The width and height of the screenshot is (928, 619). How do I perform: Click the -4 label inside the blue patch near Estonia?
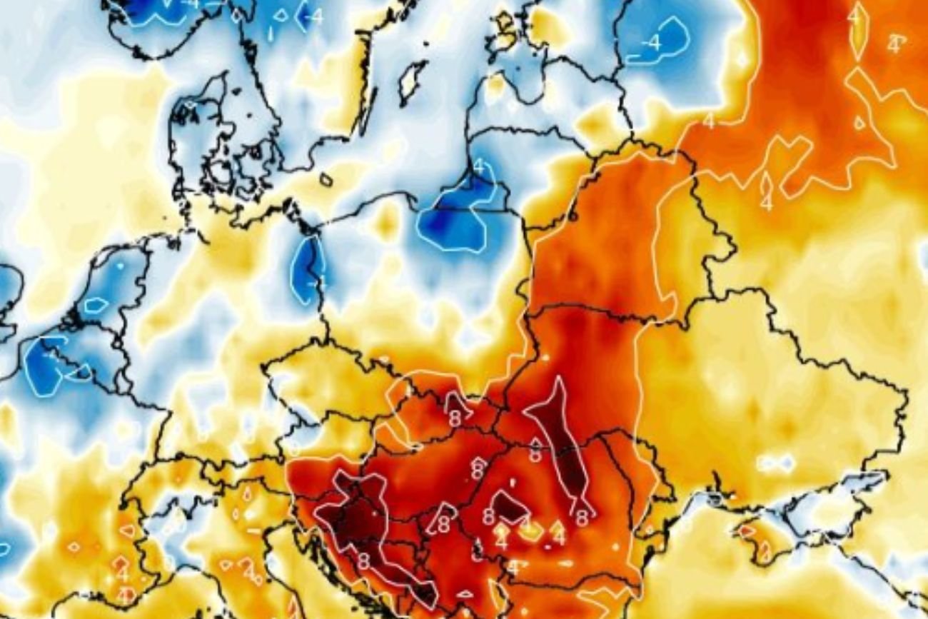tap(651, 43)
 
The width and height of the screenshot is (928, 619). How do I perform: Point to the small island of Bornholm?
tap(326, 180)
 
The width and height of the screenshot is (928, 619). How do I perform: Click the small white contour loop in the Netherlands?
tap(95, 305)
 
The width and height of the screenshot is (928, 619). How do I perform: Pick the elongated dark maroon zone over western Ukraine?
tap(561, 436)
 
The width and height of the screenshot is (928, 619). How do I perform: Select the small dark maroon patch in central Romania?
tap(510, 506)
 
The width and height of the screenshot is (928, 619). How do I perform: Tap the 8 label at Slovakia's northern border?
tap(454, 414)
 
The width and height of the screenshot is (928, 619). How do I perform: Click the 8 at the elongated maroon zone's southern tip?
tap(582, 518)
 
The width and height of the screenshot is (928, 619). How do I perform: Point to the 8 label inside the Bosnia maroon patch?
tap(363, 562)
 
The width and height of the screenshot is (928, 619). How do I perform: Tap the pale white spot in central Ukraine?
tap(775, 464)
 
